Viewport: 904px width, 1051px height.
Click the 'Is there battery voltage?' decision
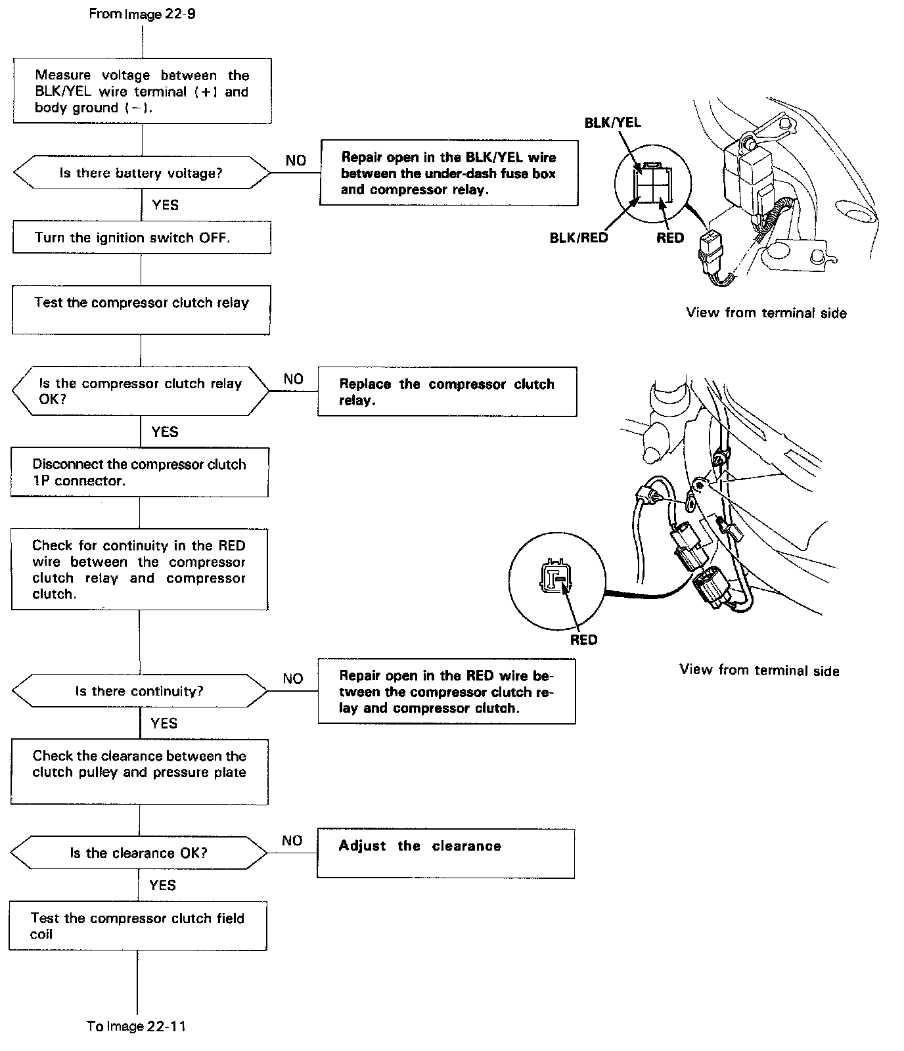[x=141, y=173]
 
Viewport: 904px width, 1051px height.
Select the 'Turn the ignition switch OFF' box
[x=141, y=238]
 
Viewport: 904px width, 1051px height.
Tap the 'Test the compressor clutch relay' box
[x=141, y=309]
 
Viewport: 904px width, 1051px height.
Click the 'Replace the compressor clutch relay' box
[x=447, y=391]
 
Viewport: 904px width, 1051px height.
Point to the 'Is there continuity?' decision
[x=139, y=691]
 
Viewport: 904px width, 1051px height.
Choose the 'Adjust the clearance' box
[x=445, y=853]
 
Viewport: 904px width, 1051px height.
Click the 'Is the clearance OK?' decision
[x=139, y=853]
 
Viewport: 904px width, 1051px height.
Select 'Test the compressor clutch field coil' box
[x=137, y=926]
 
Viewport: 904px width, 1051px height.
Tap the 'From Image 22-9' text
[x=142, y=14]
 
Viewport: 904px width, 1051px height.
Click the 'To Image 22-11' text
[x=137, y=1026]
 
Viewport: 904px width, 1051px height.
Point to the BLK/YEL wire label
[x=612, y=123]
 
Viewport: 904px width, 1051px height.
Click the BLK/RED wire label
[x=579, y=238]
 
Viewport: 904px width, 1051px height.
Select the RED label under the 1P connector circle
[x=583, y=640]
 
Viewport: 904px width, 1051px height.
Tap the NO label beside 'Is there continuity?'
[x=293, y=679]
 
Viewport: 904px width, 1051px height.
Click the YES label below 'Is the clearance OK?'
[x=162, y=885]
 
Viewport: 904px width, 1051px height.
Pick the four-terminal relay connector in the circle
[x=652, y=186]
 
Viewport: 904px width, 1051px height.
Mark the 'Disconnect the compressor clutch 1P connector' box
[x=139, y=472]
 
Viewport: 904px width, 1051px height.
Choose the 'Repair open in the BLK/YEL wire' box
[x=449, y=173]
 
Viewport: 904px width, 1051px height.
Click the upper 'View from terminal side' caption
[x=766, y=313]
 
